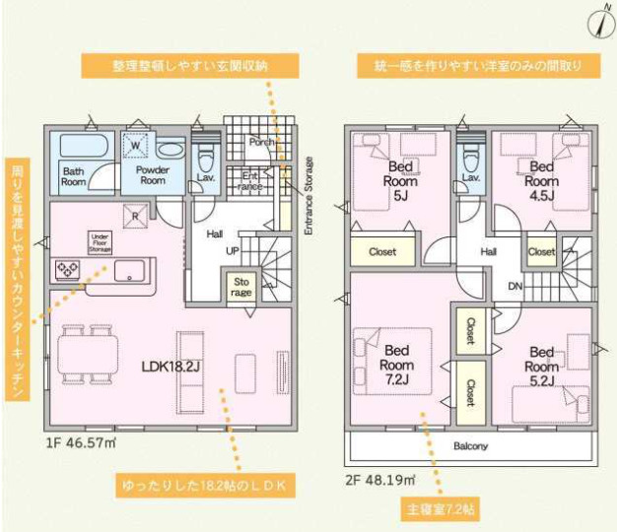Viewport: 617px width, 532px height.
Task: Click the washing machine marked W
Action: pos(134,146)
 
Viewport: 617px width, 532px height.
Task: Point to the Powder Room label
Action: pos(152,174)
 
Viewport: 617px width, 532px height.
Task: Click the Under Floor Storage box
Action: pos(100,241)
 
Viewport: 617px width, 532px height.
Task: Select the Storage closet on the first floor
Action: pos(241,287)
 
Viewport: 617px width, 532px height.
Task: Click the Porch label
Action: pos(260,141)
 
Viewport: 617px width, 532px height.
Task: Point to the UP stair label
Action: pos(233,251)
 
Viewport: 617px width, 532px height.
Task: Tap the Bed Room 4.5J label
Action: pos(542,180)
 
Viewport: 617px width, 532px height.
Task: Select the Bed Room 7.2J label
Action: pos(398,365)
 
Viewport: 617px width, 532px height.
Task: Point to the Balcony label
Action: pos(471,446)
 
